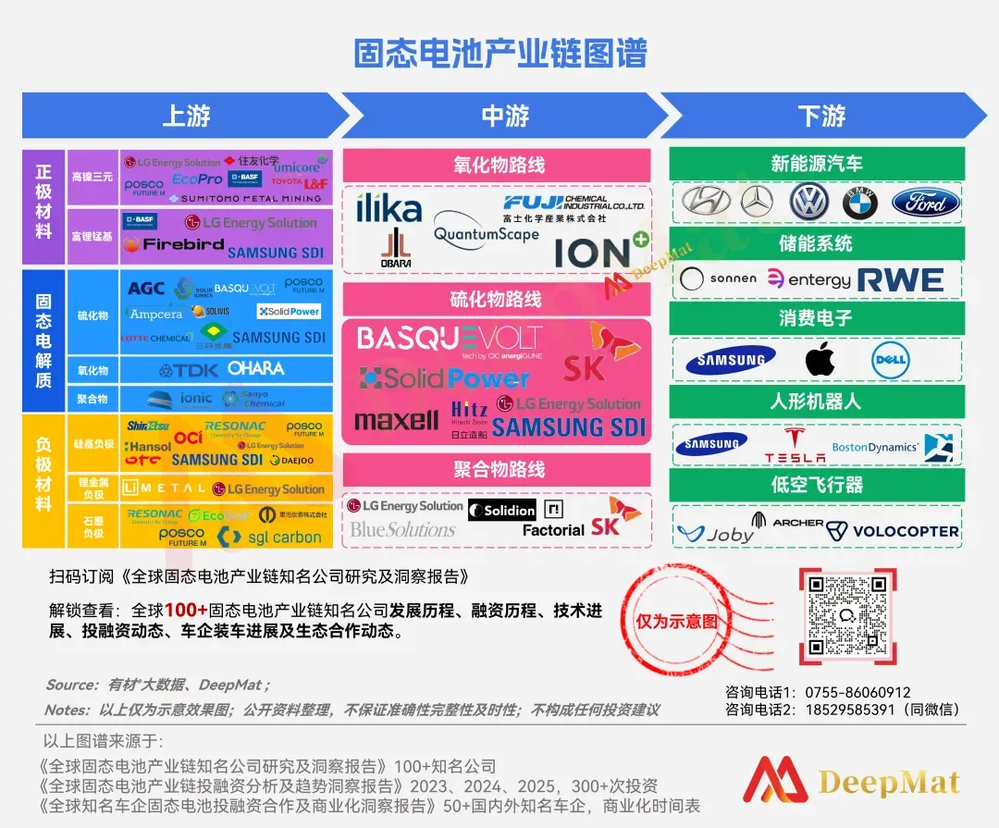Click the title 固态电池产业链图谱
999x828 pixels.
[499, 53]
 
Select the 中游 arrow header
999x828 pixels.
[504, 116]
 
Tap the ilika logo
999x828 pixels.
[388, 209]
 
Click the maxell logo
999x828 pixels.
[396, 421]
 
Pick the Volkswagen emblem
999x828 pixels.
[808, 202]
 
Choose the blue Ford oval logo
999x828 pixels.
[926, 203]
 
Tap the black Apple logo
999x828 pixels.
[820, 359]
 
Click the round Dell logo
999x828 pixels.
[889, 360]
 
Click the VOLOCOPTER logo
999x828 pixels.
[893, 531]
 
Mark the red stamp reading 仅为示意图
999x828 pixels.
[676, 621]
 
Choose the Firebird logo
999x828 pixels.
[174, 245]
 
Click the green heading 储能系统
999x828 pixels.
[816, 243]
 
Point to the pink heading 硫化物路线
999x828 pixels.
[498, 299]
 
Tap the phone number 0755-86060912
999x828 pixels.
[857, 692]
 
